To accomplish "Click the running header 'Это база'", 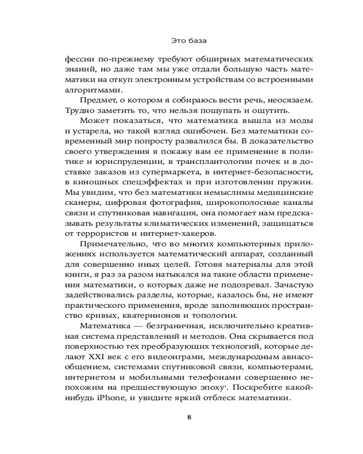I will tap(190, 41).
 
